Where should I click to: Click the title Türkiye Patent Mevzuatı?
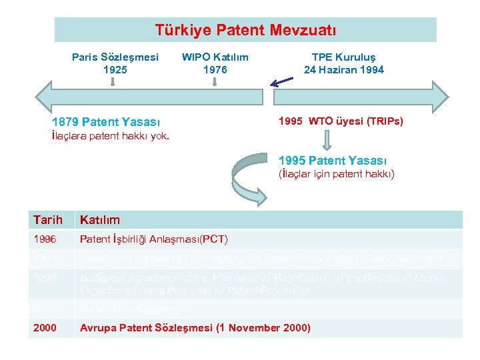pos(245,30)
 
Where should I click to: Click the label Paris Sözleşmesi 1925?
pos(115,63)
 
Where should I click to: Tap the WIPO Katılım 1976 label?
pos(215,63)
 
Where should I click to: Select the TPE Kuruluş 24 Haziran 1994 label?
pos(343,63)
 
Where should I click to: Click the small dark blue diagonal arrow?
pos(281,82)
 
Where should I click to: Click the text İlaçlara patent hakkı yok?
pos(111,137)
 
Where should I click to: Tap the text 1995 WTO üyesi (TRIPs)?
pos(341,121)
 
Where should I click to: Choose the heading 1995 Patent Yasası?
pos(333,160)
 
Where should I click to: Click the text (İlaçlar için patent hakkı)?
pos(336,174)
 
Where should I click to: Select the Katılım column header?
pos(99,220)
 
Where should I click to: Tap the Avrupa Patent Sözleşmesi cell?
pos(195,327)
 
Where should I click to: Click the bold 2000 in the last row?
pos(44,327)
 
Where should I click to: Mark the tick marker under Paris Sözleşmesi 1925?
pos(114,82)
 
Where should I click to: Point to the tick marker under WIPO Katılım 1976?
pos(215,82)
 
